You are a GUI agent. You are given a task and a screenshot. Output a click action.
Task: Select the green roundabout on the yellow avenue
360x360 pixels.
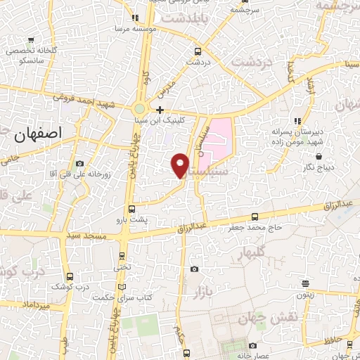point(140,109)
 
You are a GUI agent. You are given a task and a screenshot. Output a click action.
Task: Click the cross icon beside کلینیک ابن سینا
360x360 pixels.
point(160,110)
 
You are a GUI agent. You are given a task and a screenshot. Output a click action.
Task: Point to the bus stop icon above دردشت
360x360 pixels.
point(198,51)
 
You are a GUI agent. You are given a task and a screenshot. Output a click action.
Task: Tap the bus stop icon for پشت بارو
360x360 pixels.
point(131,209)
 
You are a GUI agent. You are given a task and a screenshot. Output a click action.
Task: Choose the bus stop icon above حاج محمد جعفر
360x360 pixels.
point(255,217)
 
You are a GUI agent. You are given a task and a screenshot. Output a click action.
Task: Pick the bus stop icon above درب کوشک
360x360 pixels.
point(69,276)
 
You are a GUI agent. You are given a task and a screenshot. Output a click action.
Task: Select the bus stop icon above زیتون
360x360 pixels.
point(306,284)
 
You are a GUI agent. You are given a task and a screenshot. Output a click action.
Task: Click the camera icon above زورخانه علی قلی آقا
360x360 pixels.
point(78,162)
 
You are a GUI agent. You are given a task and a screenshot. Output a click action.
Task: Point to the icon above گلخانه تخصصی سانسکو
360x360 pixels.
point(30,40)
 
